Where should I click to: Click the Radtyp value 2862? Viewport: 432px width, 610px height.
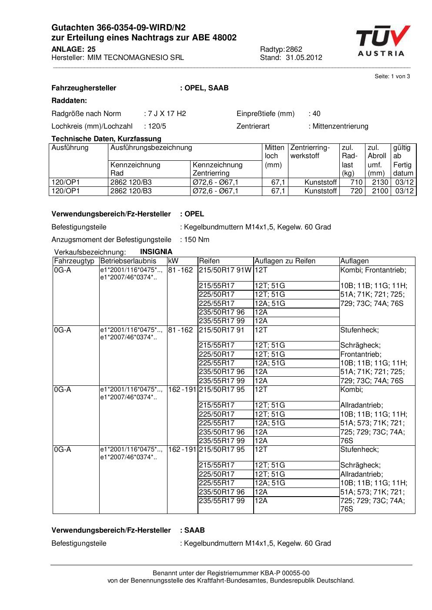point(294,49)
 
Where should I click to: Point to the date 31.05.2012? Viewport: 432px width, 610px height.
point(304,57)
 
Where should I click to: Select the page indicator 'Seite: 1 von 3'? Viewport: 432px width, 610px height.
point(392,76)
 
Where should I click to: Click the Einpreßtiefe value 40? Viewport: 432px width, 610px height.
point(316,114)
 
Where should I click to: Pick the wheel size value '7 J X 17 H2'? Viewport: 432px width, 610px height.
point(167,114)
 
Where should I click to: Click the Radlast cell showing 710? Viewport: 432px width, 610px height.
point(356,182)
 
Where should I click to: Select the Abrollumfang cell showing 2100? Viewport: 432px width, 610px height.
point(380,191)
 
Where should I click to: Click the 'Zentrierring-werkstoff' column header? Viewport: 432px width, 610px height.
point(310,152)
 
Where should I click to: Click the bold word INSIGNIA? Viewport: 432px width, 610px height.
point(156,252)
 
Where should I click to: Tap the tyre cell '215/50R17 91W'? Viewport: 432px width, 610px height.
point(225,270)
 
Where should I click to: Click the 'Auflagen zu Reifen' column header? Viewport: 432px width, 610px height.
point(285,261)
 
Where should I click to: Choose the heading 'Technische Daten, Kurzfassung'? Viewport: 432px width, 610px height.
point(106,139)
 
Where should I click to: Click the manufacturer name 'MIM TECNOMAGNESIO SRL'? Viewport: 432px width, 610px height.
point(135,57)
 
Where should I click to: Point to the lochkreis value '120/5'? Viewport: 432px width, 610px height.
point(155,126)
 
